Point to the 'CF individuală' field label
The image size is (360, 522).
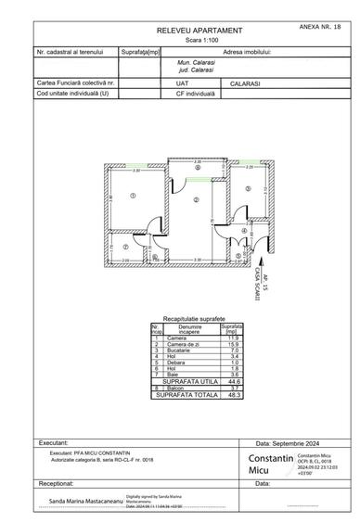click(182, 93)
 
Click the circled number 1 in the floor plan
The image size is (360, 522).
click(134, 195)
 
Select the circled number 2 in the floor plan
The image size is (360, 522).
click(197, 199)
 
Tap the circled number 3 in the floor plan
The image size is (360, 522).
click(248, 188)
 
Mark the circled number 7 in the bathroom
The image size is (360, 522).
click(125, 247)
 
